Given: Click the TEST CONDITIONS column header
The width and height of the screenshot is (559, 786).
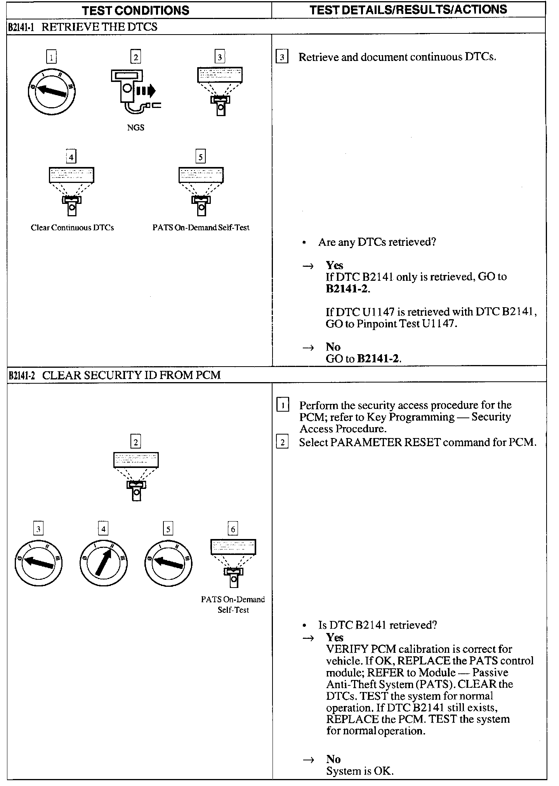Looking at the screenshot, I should click(135, 10).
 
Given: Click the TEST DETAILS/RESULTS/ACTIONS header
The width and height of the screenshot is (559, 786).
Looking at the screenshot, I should click(408, 9).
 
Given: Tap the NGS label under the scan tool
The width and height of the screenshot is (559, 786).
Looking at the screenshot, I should click(135, 127).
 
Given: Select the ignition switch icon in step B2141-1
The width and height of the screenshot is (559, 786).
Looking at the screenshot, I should click(52, 92).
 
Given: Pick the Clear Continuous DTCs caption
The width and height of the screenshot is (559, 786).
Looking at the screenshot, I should click(72, 228).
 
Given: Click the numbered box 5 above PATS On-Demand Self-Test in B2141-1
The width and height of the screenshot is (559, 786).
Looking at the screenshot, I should click(200, 157).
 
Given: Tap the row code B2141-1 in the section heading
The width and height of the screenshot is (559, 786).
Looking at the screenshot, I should click(22, 27).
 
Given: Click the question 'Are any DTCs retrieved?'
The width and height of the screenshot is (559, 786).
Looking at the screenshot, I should click(377, 242).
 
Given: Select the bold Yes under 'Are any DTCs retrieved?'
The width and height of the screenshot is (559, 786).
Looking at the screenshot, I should click(334, 265).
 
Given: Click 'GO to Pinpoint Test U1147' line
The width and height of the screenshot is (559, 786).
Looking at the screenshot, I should click(391, 323).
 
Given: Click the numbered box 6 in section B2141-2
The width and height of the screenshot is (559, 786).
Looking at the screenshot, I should click(233, 529).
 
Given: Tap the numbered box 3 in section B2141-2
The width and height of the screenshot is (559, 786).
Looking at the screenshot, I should click(38, 529).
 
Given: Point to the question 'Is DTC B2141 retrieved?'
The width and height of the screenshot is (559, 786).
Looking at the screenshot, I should click(377, 625).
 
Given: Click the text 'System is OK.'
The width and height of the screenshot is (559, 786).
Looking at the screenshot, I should click(359, 771).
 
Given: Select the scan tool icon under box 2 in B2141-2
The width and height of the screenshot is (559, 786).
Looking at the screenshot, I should click(135, 476).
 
